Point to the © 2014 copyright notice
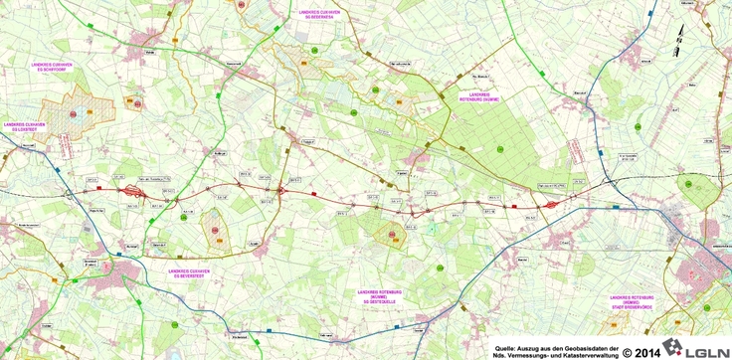(x=644, y=351)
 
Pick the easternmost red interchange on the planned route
(x=550, y=201)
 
